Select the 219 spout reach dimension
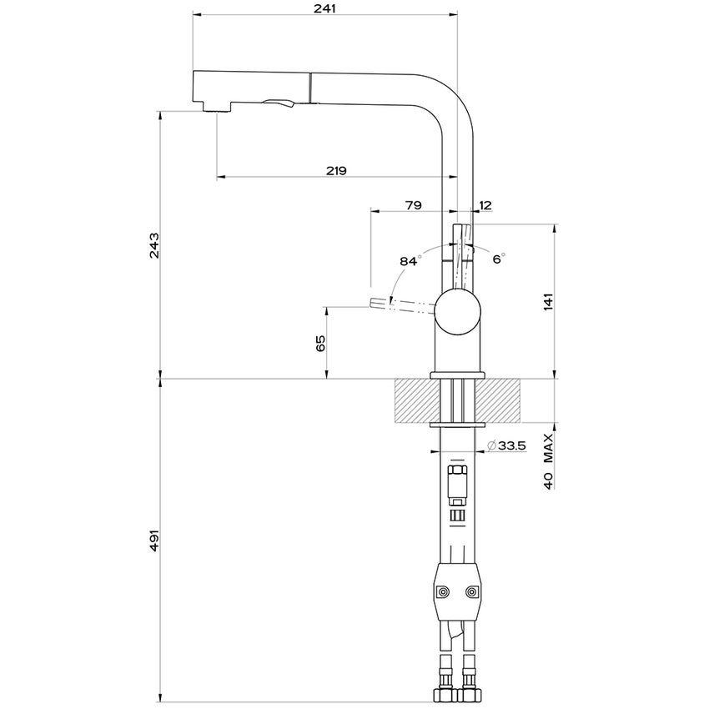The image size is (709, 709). point(336,170)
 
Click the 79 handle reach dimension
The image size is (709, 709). point(413,205)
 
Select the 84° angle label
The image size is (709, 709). point(408,261)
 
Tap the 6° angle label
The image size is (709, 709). point(499,259)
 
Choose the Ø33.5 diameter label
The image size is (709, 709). point(505,445)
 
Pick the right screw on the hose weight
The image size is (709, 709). point(473,592)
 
